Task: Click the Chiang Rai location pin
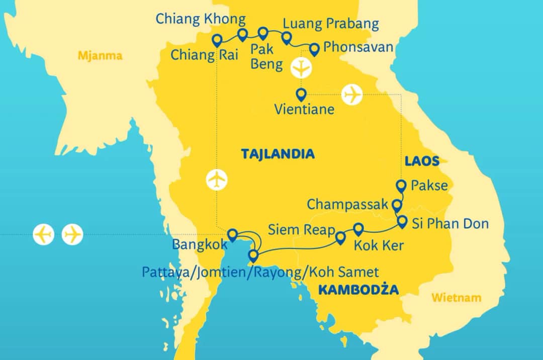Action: click(217, 40)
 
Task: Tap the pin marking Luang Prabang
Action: click(286, 38)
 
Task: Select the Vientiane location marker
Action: click(301, 94)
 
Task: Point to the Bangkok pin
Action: click(232, 234)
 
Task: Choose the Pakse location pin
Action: click(401, 186)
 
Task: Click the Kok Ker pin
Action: click(358, 229)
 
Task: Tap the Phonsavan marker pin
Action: click(314, 49)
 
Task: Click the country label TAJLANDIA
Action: click(278, 154)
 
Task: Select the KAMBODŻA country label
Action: click(358, 290)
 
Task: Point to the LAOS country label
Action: click(422, 161)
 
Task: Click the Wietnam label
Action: click(456, 298)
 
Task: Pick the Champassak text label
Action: click(347, 204)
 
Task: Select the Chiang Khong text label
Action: click(201, 19)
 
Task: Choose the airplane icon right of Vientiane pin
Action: click(352, 94)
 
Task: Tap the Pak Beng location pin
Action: click(262, 33)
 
